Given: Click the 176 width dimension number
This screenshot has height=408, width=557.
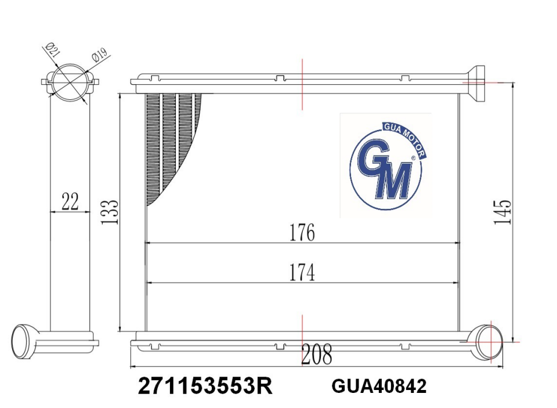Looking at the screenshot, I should click(302, 232).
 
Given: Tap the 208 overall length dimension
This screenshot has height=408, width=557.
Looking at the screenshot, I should click(317, 355).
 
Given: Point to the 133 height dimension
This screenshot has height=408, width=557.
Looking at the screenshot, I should click(110, 212).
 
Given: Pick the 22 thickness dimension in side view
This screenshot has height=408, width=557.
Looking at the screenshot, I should click(70, 201).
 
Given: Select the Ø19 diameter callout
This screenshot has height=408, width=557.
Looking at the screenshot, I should click(99, 56).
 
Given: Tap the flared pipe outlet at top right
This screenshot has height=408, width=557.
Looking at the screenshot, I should click(477, 83).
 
